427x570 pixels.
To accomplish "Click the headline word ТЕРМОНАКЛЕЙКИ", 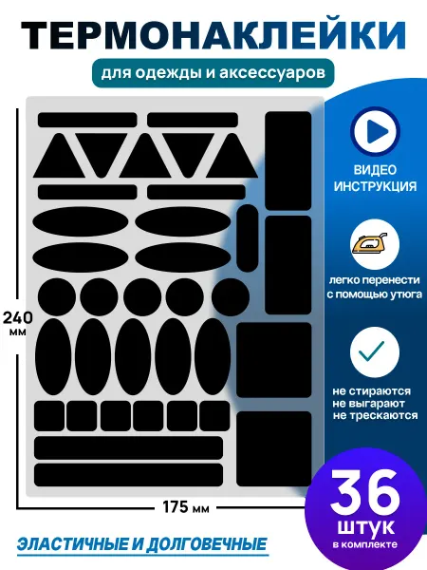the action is (x=213, y=36).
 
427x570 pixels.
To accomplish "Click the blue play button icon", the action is (x=376, y=131).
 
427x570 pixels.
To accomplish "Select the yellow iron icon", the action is (x=369, y=243).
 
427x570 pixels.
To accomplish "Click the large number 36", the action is (x=365, y=493).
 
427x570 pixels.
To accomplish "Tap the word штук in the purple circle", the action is (x=365, y=527).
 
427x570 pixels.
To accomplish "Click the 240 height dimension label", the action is (x=18, y=317).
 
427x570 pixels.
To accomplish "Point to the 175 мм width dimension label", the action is (x=186, y=507).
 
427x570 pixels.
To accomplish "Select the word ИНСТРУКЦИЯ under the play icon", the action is (x=375, y=186).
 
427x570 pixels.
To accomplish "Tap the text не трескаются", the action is (x=375, y=415).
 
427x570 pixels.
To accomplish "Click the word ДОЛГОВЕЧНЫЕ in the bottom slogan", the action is (x=206, y=544).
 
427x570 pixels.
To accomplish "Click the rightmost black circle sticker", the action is (x=231, y=296).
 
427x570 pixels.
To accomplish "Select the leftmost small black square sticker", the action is (x=49, y=416).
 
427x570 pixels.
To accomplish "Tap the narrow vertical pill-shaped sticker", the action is (x=248, y=238).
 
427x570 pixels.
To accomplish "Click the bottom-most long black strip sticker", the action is (x=128, y=475).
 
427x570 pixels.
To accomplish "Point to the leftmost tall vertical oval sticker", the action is (x=53, y=356).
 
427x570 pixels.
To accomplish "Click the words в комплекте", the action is (x=365, y=544).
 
